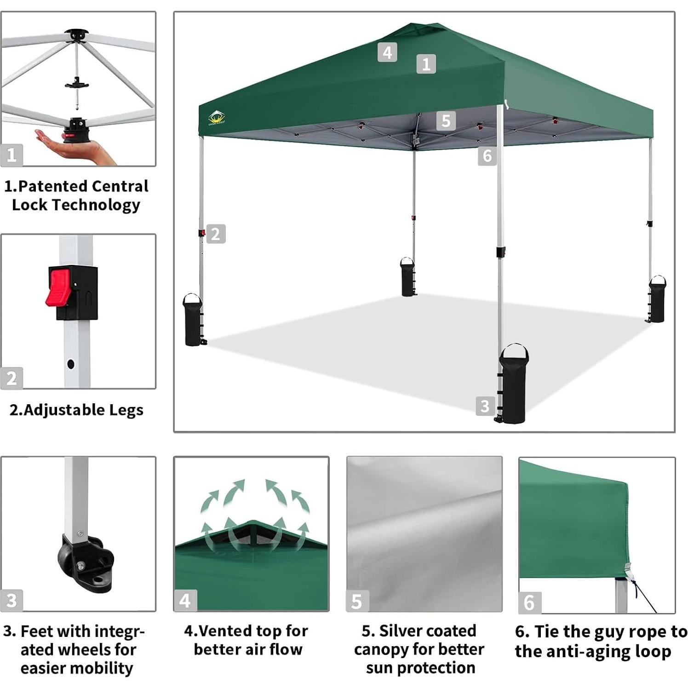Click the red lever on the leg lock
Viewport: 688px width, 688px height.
(x=58, y=287)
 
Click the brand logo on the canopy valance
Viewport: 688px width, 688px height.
(x=216, y=118)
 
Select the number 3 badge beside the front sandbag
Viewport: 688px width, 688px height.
(x=485, y=406)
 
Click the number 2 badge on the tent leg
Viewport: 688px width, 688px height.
(x=216, y=234)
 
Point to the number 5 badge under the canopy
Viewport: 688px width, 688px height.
(x=446, y=120)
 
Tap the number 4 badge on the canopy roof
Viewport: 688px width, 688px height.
(x=387, y=52)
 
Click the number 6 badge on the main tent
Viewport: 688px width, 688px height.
(x=487, y=156)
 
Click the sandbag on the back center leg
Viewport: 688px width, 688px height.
(x=407, y=277)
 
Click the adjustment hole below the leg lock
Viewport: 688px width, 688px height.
(x=70, y=364)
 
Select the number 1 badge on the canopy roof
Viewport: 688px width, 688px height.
(x=426, y=64)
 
